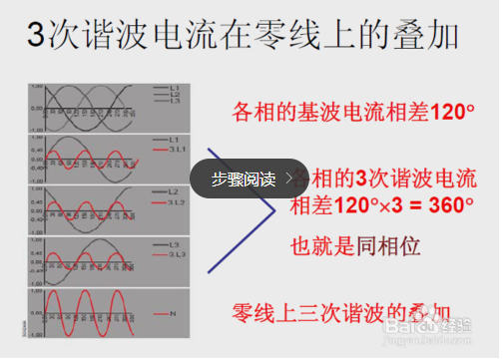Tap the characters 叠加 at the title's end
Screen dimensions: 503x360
click(x=428, y=39)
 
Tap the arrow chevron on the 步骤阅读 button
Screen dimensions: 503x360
click(x=289, y=179)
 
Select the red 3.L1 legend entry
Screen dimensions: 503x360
click(x=175, y=150)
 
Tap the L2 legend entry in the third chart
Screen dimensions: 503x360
click(x=174, y=190)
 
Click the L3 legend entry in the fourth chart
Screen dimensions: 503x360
click(x=174, y=244)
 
